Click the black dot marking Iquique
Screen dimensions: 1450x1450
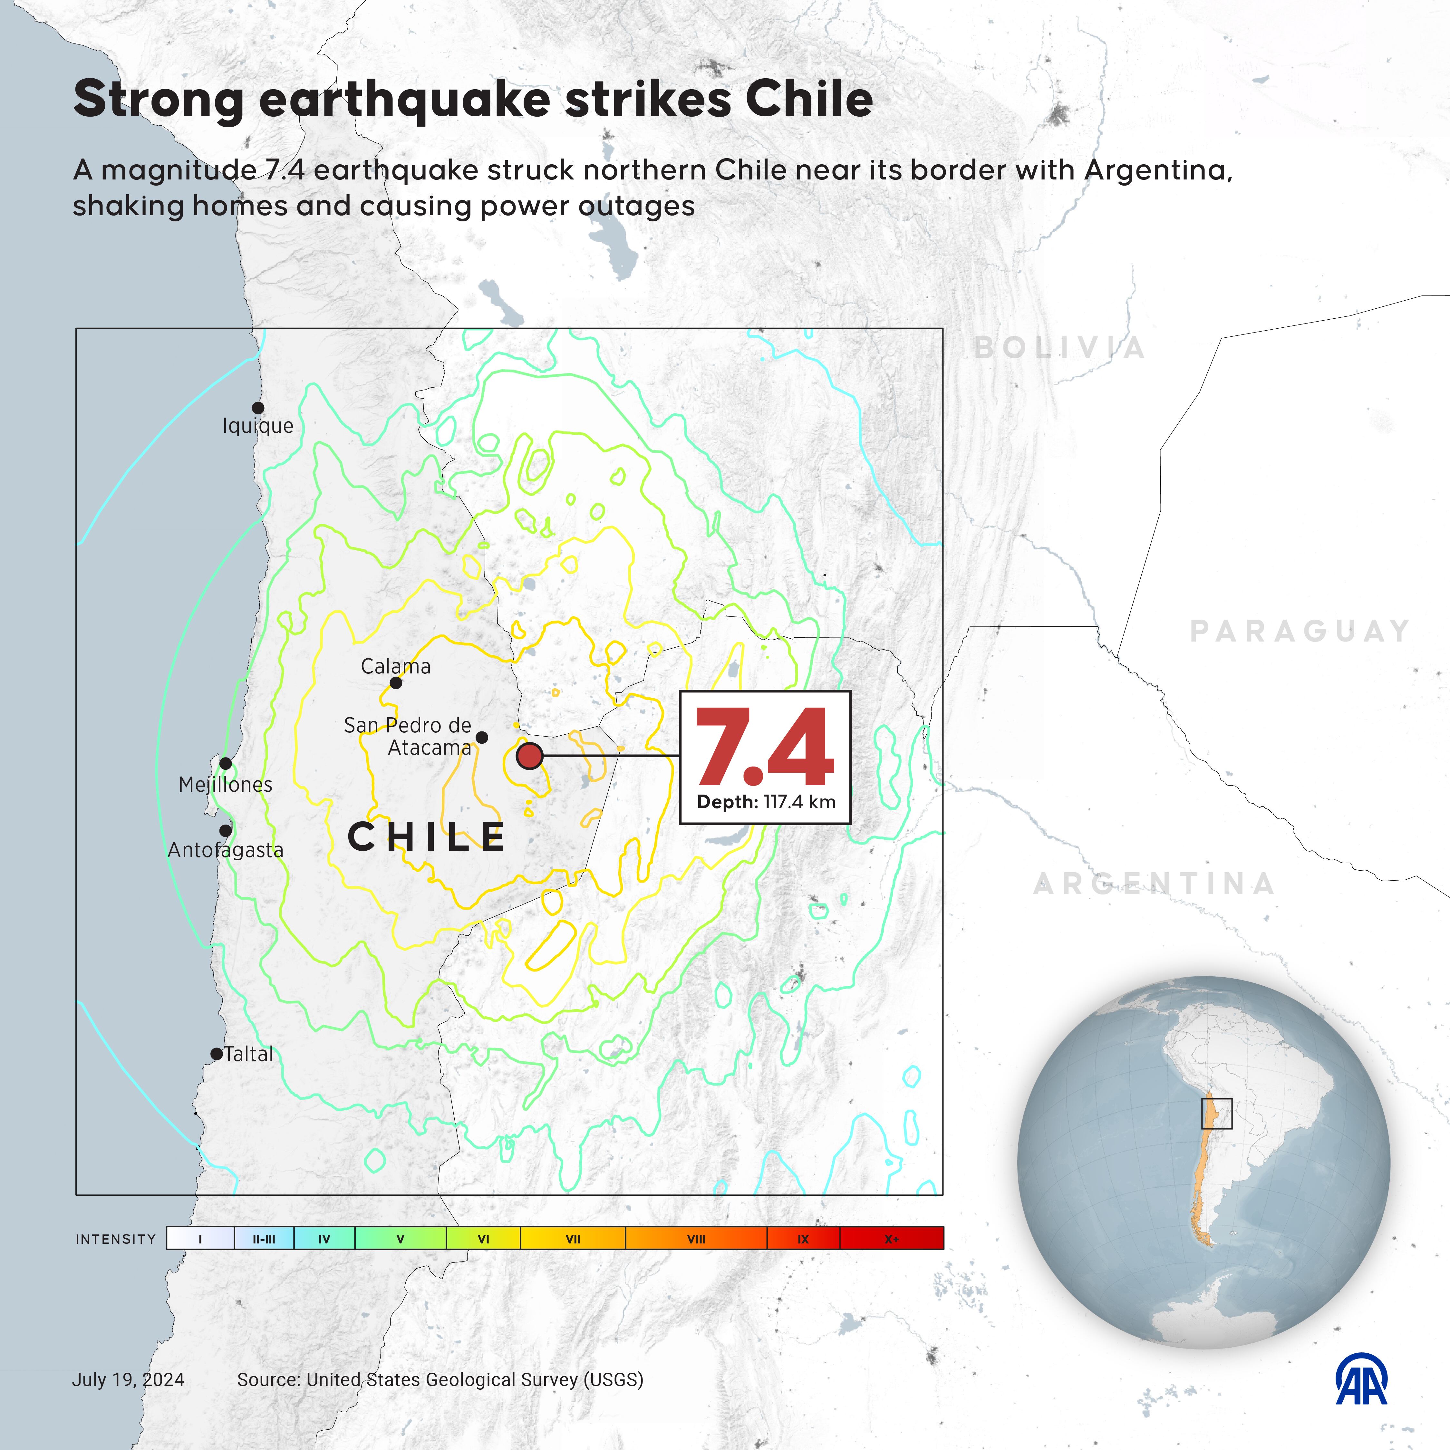tap(257, 408)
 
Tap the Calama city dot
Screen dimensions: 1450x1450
tap(395, 683)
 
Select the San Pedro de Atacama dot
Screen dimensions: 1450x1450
tap(482, 738)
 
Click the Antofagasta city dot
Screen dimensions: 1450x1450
tap(225, 830)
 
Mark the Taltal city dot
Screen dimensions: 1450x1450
tap(216, 1054)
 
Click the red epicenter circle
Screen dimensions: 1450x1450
tap(530, 756)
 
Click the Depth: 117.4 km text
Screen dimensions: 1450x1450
tap(766, 802)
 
